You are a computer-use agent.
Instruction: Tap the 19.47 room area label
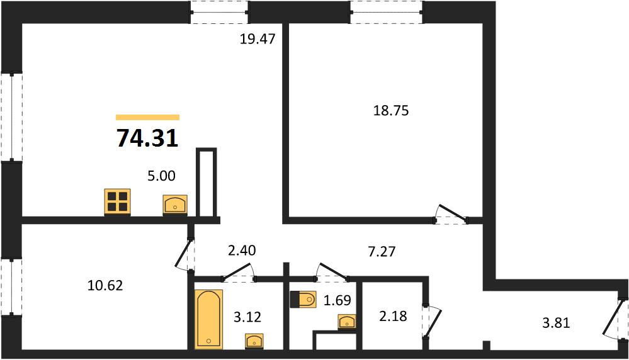coord(258,39)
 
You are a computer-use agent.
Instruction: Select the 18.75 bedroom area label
coord(391,110)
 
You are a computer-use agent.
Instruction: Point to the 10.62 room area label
coord(105,286)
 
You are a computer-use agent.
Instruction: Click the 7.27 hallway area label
coord(382,251)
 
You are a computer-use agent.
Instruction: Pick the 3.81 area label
coord(556,323)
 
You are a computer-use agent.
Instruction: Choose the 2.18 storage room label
coord(392,317)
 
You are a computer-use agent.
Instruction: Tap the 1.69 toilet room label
coord(337,300)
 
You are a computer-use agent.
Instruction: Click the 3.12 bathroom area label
coord(247,317)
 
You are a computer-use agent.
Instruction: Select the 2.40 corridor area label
coord(242,250)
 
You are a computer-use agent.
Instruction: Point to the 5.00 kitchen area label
coord(161,176)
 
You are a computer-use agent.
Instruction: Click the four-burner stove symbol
coord(118,201)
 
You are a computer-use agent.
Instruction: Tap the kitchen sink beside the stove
coord(175,205)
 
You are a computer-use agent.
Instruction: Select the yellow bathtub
coord(208,318)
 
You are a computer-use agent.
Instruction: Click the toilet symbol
coord(303,299)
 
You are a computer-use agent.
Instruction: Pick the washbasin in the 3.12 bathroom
coord(254,341)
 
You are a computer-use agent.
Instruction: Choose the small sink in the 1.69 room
coord(347,322)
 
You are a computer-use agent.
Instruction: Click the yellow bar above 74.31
coord(147,118)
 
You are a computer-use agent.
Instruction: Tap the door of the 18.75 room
coord(451,215)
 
